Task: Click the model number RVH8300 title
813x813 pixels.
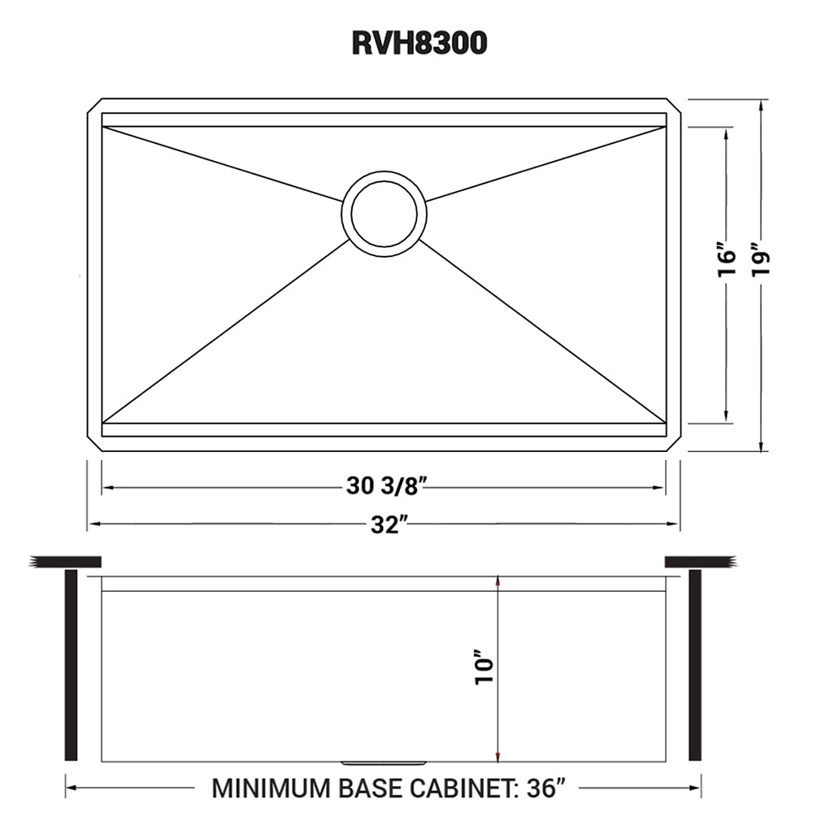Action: pyautogui.click(x=420, y=43)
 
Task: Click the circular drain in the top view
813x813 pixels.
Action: pyautogui.click(x=385, y=211)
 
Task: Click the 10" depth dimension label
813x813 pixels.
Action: pyautogui.click(x=485, y=668)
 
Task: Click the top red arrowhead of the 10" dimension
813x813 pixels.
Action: pyautogui.click(x=498, y=580)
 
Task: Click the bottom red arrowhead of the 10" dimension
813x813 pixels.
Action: pyautogui.click(x=498, y=758)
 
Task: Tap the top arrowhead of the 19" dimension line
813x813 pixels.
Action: pyautogui.click(x=762, y=104)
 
